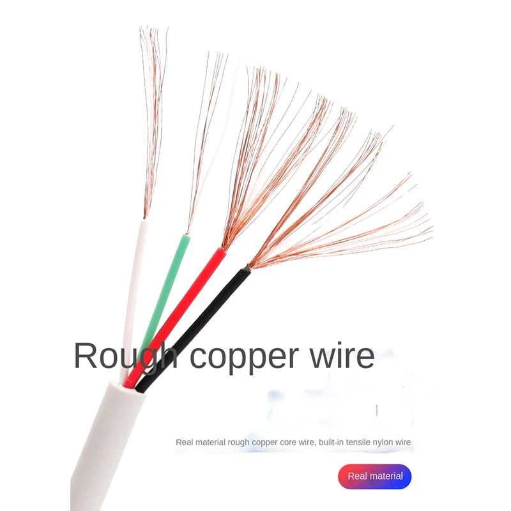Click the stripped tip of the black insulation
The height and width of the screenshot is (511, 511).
[x=245, y=272]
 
